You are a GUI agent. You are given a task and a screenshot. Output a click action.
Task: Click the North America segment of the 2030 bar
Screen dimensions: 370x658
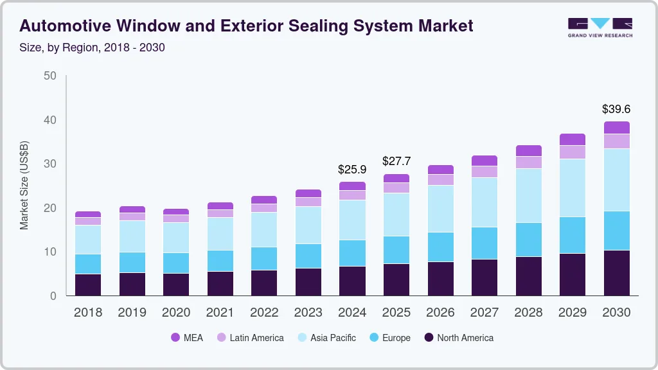point(616,273)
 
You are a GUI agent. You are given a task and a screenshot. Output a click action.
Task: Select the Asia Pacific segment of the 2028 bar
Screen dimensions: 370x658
point(529,195)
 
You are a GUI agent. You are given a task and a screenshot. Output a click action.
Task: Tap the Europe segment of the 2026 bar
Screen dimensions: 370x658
point(441,247)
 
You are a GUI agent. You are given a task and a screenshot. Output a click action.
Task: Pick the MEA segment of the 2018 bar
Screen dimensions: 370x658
point(88,214)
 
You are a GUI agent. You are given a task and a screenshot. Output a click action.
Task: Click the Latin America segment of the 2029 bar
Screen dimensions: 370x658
point(573,152)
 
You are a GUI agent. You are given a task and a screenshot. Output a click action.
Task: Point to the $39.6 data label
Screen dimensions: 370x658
point(616,109)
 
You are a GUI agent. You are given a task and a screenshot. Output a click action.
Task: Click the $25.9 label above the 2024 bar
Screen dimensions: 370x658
point(352,170)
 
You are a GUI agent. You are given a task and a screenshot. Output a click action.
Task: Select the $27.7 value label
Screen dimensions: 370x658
point(396,161)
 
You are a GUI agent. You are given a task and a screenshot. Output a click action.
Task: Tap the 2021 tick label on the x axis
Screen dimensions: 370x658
point(220,313)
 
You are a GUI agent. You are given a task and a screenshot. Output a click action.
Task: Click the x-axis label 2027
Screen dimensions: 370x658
point(485,313)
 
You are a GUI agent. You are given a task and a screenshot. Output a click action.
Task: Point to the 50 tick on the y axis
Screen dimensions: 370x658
point(50,76)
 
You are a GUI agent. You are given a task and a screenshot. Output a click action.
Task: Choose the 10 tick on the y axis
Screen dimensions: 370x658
point(50,252)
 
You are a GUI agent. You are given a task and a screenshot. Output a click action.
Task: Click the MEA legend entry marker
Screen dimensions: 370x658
point(175,338)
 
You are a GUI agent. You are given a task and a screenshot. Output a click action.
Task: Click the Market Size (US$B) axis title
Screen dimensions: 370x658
point(24,185)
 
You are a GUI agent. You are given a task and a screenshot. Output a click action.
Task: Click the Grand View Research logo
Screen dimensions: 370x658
point(600,27)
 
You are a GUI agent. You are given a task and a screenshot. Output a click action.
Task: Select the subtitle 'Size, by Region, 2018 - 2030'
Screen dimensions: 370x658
point(93,48)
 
